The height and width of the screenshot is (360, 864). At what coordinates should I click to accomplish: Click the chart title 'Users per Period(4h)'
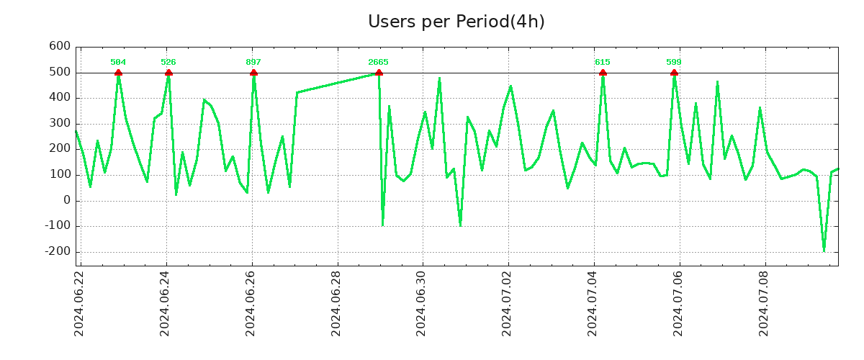coord(456,22)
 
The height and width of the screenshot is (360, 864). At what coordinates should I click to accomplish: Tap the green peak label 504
coord(118,62)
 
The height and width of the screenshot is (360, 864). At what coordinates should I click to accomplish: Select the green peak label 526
coord(168,62)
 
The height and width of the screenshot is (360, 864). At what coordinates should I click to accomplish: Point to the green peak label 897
coord(253,62)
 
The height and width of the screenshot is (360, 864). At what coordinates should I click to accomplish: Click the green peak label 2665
coord(379,62)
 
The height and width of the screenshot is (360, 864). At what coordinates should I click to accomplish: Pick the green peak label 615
coord(603,62)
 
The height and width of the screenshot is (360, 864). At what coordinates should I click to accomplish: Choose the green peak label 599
coord(674,62)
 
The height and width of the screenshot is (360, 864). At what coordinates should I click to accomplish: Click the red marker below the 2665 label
coord(379,73)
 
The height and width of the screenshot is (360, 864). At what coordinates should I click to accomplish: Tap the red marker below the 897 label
coord(253,73)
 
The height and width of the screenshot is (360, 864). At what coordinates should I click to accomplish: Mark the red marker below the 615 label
coord(603,73)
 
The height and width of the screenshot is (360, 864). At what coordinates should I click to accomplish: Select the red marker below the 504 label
coord(118,73)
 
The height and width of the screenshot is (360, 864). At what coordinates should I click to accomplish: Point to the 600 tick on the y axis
coord(60,47)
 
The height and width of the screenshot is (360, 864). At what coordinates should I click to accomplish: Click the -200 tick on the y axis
coord(57,252)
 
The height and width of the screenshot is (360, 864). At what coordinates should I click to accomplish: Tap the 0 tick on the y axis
coord(67,201)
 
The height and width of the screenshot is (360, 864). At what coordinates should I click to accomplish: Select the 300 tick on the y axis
coord(60,124)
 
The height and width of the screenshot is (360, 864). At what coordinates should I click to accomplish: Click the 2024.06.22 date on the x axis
coord(80,303)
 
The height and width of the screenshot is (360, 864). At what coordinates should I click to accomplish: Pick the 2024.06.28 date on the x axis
coord(336,303)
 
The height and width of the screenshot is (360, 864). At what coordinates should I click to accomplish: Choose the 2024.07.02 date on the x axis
coord(508,303)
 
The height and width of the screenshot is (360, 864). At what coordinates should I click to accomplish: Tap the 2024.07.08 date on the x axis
coord(765,303)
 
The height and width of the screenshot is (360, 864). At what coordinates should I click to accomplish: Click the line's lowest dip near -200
coord(824,250)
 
